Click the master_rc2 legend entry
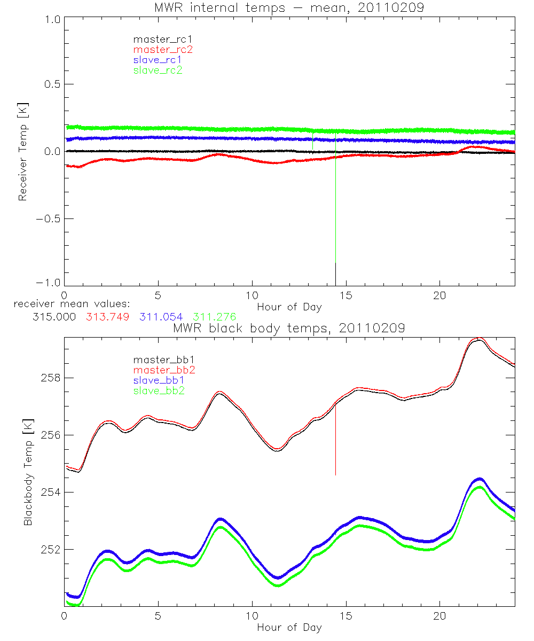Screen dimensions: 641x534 (x=162, y=50)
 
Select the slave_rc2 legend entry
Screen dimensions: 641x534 (x=158, y=70)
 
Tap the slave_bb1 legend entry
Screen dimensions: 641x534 (x=160, y=380)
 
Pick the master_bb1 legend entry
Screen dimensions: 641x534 (x=162, y=359)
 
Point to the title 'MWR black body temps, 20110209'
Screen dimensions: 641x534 (x=289, y=328)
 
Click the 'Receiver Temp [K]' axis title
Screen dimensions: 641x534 (x=22, y=152)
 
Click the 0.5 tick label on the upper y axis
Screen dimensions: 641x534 (x=51, y=85)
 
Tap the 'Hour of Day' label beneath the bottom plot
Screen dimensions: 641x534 (x=289, y=627)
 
